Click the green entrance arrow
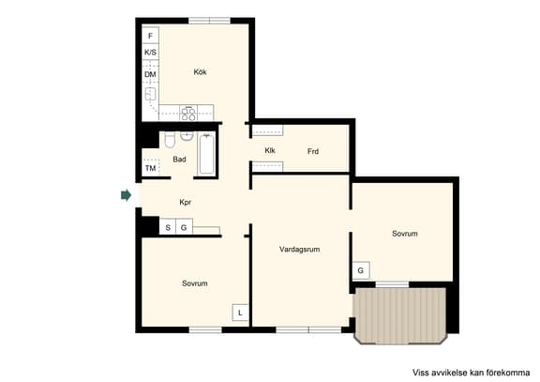coord(126,195)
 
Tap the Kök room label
coord(200,72)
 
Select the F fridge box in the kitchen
coord(151,36)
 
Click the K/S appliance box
coord(151,52)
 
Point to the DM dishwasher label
coord(150,74)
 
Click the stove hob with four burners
coord(188,113)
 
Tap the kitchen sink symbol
coord(150,94)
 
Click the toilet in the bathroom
coord(170,141)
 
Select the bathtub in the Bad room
coord(206,155)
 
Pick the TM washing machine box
coord(151,168)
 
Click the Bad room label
coord(179,160)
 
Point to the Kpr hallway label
coord(186,202)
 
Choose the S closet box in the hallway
coord(168,227)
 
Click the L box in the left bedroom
coord(240,313)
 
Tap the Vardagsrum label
coord(300,249)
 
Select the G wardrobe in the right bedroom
coord(361,270)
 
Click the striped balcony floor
coord(400,315)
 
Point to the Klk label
coord(270,150)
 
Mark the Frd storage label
coord(313,151)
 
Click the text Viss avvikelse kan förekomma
coord(472,373)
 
